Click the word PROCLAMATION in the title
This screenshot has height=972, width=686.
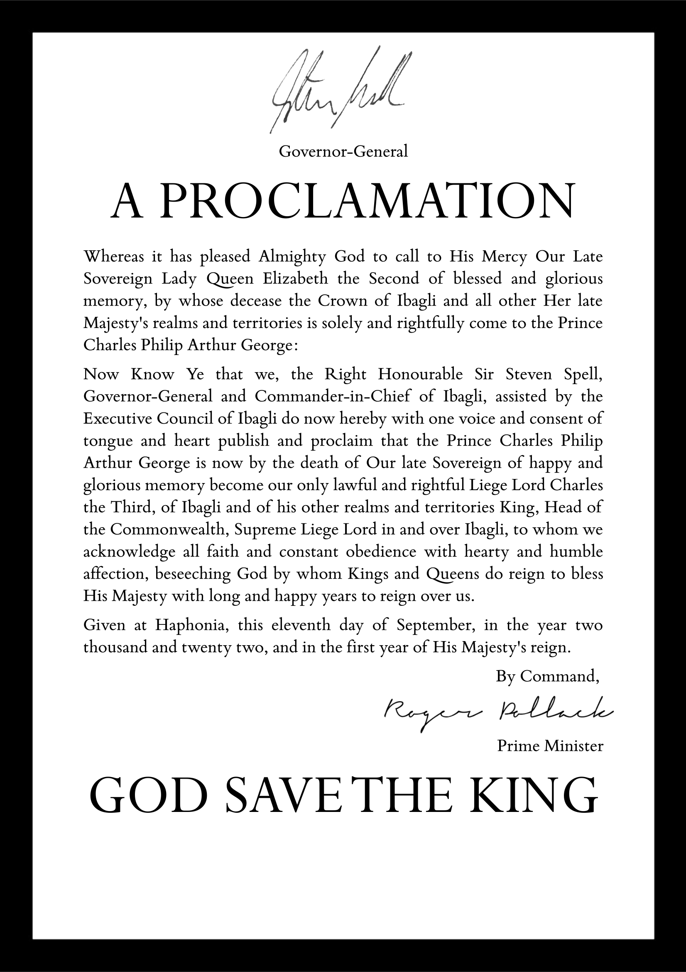pyautogui.click(x=368, y=202)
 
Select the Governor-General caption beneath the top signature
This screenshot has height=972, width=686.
pyautogui.click(x=343, y=151)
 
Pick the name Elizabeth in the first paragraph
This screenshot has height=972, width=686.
pyautogui.click(x=295, y=279)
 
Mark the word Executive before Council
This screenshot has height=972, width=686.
pyautogui.click(x=118, y=418)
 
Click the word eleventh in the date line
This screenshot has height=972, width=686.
pyautogui.click(x=301, y=625)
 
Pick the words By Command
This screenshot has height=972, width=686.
pyautogui.click(x=547, y=676)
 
